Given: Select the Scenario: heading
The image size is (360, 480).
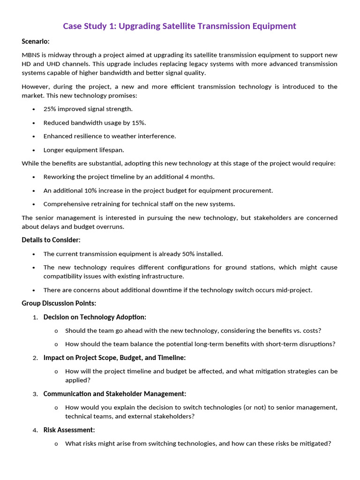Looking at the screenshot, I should point(36,41).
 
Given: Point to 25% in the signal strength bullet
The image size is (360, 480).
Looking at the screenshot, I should point(50,109).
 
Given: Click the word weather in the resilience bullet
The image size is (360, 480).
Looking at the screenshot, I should point(124,136).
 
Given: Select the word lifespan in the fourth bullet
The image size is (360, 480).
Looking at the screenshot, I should point(110,150).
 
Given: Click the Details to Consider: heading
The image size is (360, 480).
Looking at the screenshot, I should point(51,240).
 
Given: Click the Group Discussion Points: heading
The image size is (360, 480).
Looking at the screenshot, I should point(59,303).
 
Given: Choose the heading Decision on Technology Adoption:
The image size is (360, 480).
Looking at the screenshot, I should point(95,317).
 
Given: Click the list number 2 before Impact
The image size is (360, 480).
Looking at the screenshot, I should point(35,358).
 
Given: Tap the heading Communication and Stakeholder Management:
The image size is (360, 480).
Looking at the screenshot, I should point(115,394).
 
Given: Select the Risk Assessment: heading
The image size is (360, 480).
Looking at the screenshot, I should point(69,430).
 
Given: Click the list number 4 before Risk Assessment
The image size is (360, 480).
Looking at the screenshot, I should point(35,430).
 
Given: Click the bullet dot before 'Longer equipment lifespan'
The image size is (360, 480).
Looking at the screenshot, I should point(34,150).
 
